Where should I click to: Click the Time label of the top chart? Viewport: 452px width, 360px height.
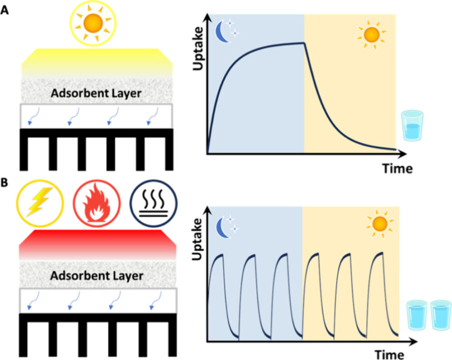click(x=398, y=168)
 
